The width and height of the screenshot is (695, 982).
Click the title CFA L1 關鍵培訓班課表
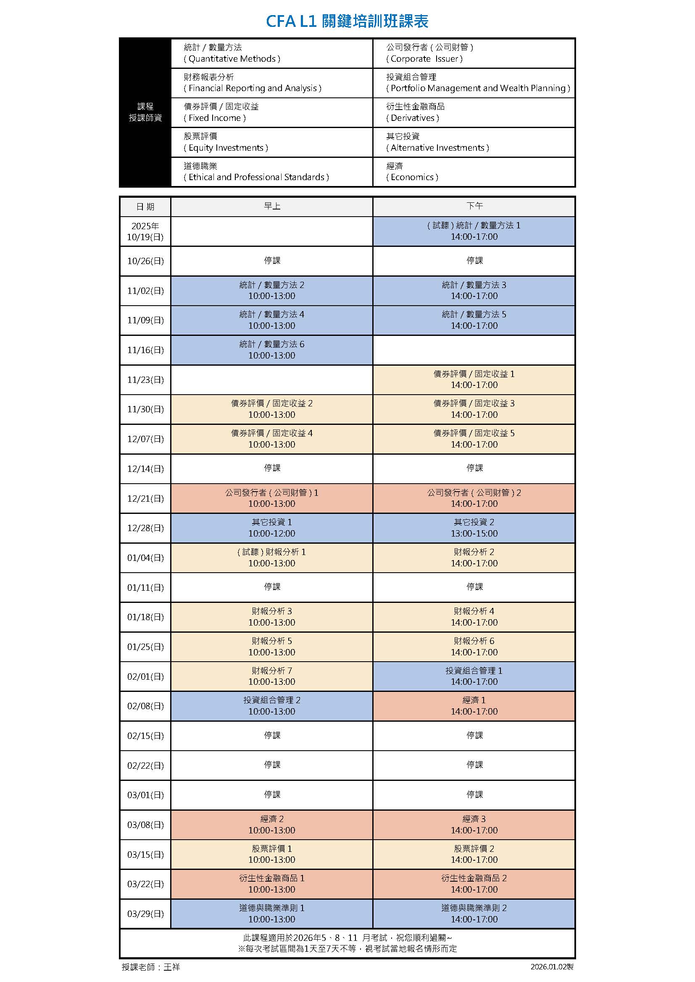point(347,21)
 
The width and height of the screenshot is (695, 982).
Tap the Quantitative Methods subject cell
point(272,53)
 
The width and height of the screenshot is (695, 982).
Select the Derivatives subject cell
point(474,113)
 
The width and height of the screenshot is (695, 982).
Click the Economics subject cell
point(474,172)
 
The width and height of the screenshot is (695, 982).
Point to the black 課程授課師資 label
point(145,112)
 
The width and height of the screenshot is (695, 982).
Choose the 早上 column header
point(272,207)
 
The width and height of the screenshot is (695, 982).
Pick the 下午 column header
point(474,207)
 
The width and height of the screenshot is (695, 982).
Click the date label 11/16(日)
point(145,350)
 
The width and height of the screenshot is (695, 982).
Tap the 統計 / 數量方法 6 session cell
point(272,350)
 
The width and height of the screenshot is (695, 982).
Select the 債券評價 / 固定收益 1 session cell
point(474,380)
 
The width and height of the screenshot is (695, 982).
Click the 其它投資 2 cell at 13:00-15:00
point(474,528)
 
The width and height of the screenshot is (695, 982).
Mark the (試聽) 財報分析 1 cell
point(272,558)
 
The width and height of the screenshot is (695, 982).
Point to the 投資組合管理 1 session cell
point(474,676)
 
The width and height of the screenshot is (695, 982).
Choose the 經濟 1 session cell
point(474,706)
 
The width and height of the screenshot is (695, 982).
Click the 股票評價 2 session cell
point(474,854)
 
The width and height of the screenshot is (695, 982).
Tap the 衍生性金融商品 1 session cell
point(272,884)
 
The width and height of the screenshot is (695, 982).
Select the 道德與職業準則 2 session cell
point(474,914)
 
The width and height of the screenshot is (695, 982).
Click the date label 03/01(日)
point(145,795)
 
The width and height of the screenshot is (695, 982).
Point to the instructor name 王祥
point(171,967)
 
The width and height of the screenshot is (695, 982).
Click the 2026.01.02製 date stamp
point(552,967)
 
